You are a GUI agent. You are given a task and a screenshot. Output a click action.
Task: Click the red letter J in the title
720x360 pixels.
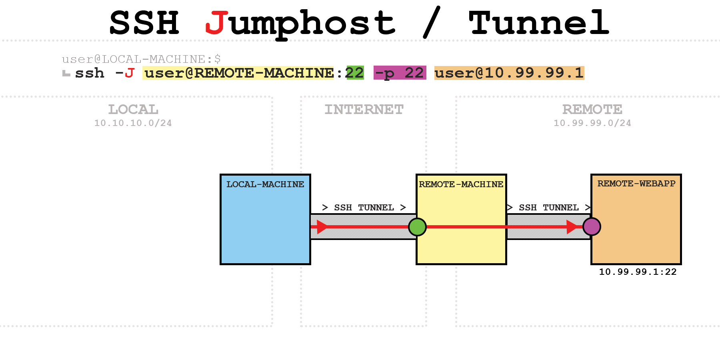[216, 23]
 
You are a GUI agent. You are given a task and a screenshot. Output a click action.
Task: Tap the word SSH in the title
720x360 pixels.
[144, 23]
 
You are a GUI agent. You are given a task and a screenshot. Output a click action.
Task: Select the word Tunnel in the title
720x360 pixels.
[538, 23]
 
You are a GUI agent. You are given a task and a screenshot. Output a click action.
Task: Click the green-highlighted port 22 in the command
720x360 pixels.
[355, 73]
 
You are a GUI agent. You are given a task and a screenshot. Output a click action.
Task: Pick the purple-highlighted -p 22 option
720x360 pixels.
[400, 73]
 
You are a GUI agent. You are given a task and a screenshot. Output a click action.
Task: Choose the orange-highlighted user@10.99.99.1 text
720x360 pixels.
[509, 73]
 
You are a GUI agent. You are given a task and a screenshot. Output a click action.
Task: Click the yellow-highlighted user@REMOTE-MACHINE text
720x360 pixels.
[239, 73]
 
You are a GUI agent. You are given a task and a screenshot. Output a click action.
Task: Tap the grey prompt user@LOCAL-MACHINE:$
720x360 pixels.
[141, 59]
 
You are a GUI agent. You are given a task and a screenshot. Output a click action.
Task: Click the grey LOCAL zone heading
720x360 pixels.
[133, 109]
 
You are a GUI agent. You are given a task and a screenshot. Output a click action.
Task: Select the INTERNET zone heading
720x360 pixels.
[364, 109]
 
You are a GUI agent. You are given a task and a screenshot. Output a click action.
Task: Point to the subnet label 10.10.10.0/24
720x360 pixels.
[133, 123]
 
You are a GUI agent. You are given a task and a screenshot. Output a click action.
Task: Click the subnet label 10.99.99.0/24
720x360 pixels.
[592, 123]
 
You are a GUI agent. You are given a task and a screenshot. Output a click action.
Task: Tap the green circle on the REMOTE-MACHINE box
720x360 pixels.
[417, 227]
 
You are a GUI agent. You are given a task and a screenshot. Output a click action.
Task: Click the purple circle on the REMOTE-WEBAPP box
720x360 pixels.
[592, 227]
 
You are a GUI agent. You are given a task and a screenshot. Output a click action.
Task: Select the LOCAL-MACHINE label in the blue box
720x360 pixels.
[265, 184]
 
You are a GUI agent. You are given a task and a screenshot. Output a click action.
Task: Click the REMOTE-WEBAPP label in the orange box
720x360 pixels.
[636, 184]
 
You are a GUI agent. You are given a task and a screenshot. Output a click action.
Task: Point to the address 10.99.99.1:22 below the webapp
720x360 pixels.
[638, 272]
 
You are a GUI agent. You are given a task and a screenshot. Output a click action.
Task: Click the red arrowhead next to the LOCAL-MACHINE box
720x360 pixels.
[322, 227]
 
